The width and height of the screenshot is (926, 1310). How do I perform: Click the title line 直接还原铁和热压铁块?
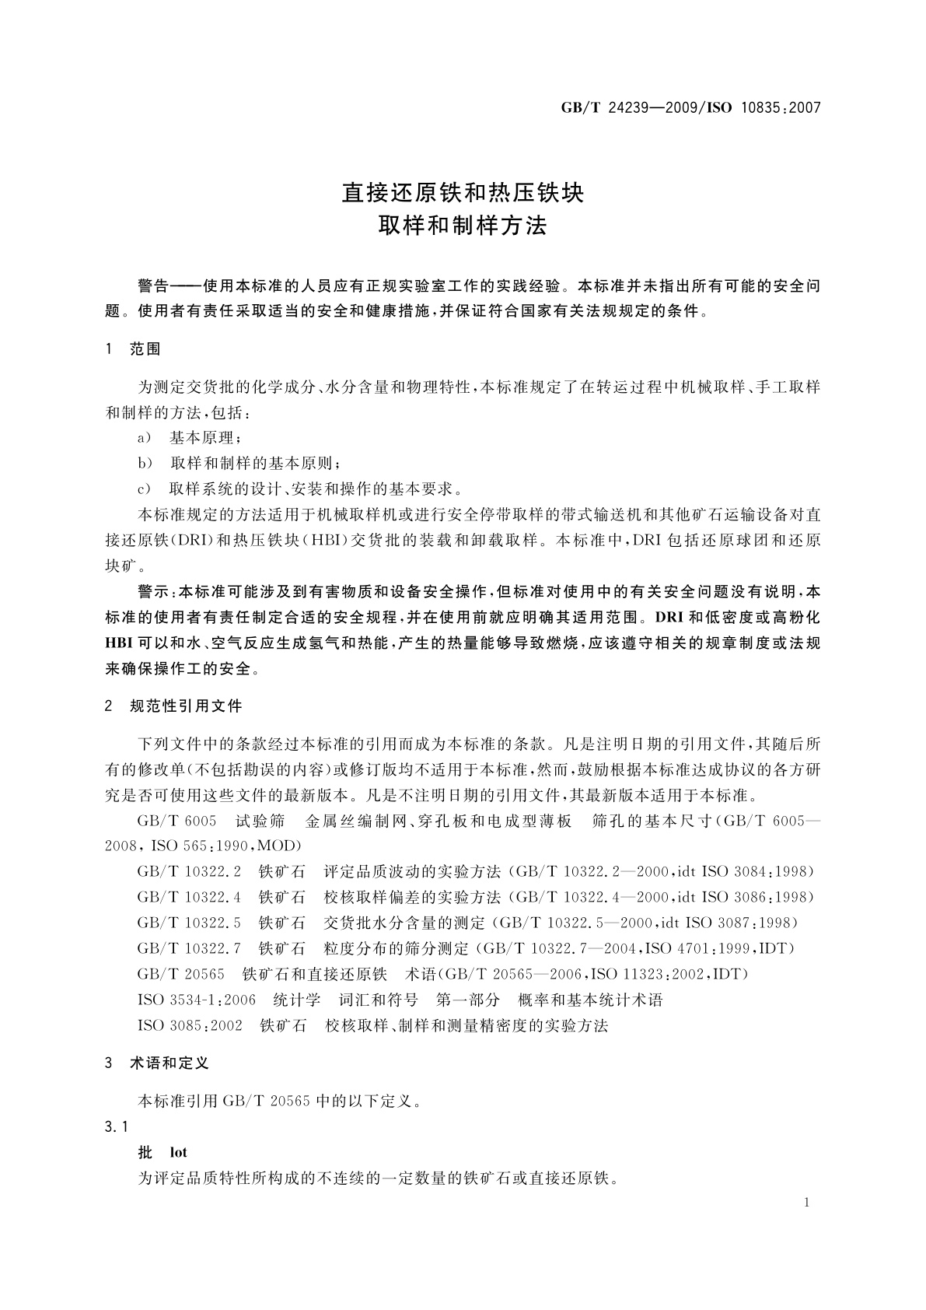coord(463,191)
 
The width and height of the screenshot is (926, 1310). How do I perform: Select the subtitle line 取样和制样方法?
coord(463,226)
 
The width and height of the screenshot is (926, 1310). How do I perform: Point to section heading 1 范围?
coord(133,349)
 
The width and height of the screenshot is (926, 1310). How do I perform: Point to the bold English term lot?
coord(178,1152)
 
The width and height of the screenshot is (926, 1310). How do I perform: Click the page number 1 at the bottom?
coord(807,1203)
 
